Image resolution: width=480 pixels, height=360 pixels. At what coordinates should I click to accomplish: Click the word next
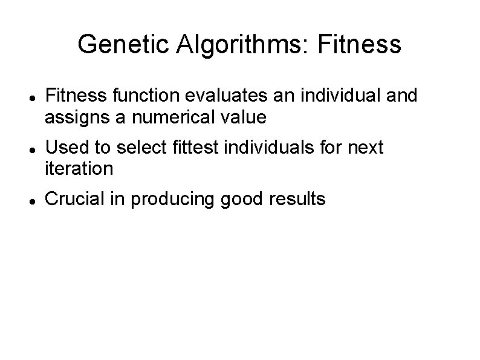pyautogui.click(x=365, y=148)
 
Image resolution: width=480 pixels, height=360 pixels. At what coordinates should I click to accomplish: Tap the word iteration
pyautogui.click(x=79, y=168)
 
